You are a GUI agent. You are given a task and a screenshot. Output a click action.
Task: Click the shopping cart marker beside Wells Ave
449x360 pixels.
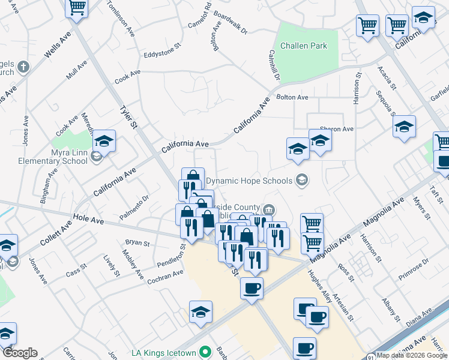pos(77,8)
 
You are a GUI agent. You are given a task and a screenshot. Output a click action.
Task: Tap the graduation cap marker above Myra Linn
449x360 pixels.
pos(104,142)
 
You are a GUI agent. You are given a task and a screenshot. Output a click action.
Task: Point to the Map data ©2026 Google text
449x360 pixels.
pos(411,355)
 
